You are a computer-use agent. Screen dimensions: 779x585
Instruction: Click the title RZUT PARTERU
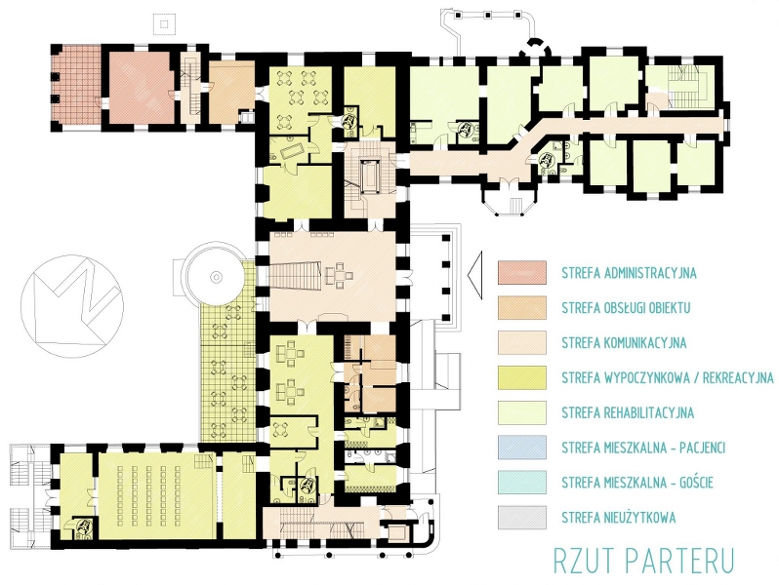(644, 560)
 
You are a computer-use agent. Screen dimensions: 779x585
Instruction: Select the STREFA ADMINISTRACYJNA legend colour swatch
(522, 273)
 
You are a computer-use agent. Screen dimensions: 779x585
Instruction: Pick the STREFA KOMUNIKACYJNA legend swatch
(522, 343)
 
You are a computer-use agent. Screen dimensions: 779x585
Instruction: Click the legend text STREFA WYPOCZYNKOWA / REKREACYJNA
(668, 378)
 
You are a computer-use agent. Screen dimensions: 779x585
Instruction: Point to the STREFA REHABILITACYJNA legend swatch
(522, 412)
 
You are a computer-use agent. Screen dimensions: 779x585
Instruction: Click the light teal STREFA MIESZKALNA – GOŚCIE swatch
(522, 483)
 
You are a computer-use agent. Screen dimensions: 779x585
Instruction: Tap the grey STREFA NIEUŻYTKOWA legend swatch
(522, 518)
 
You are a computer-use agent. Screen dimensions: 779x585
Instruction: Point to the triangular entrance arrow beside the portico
(475, 275)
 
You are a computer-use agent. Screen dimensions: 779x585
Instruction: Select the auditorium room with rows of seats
(158, 496)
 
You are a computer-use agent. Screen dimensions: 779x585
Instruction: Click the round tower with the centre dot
(216, 275)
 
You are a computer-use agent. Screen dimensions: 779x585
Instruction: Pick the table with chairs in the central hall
(340, 275)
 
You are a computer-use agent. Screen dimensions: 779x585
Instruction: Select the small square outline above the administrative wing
(164, 23)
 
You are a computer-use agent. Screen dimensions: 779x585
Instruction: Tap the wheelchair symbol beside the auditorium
(84, 526)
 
